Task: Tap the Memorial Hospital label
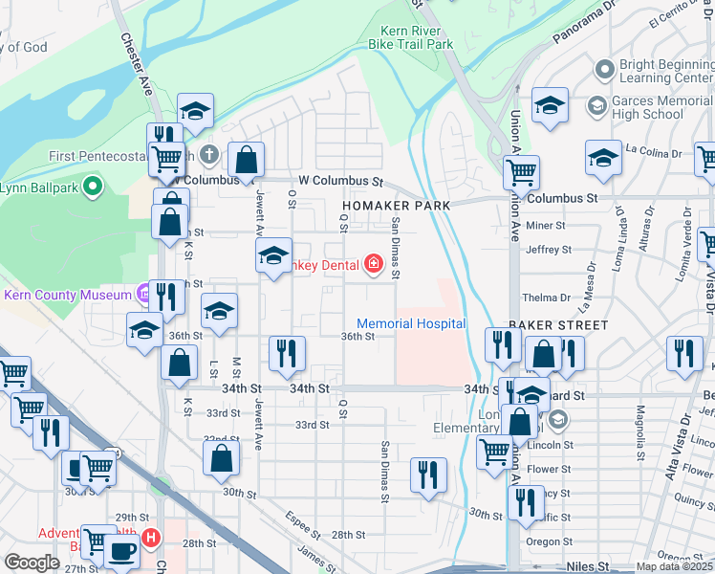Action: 411,324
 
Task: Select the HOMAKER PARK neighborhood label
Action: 393,206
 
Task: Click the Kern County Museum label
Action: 66,295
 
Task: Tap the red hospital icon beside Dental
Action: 373,263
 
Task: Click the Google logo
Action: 32,562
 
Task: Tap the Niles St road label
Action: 586,566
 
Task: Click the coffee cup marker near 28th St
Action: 121,551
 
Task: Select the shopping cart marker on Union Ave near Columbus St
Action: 521,172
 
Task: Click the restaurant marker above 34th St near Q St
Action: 286,352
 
